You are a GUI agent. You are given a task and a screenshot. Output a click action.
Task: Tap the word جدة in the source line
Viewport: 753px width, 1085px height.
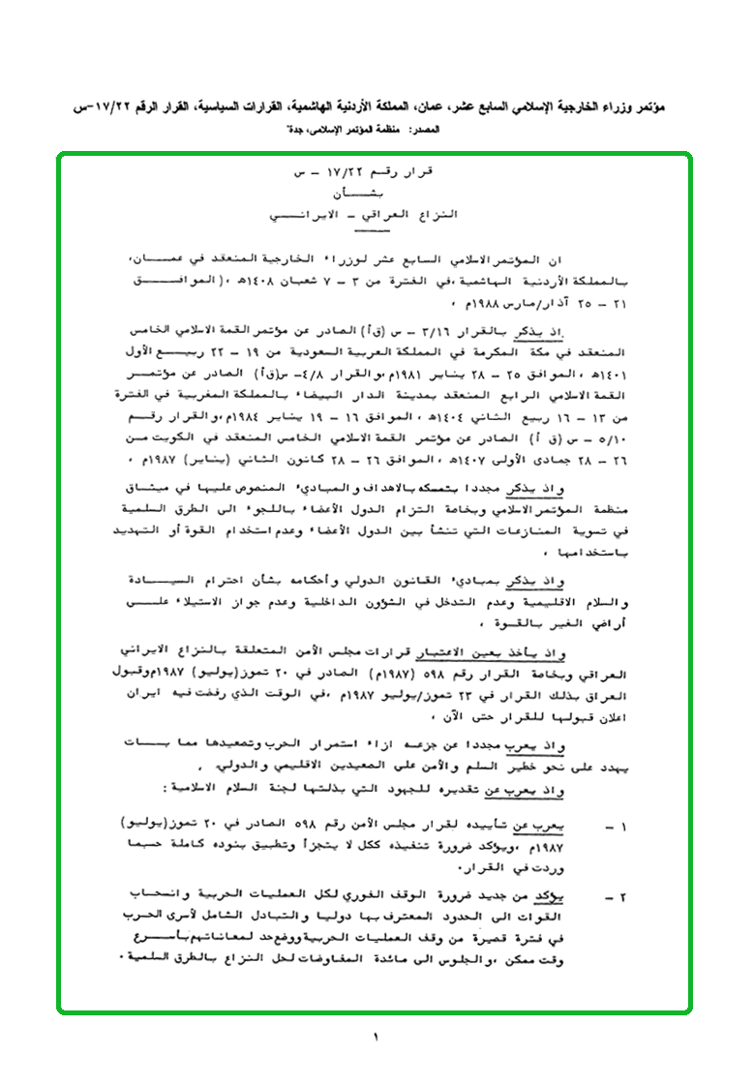(x=295, y=130)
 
